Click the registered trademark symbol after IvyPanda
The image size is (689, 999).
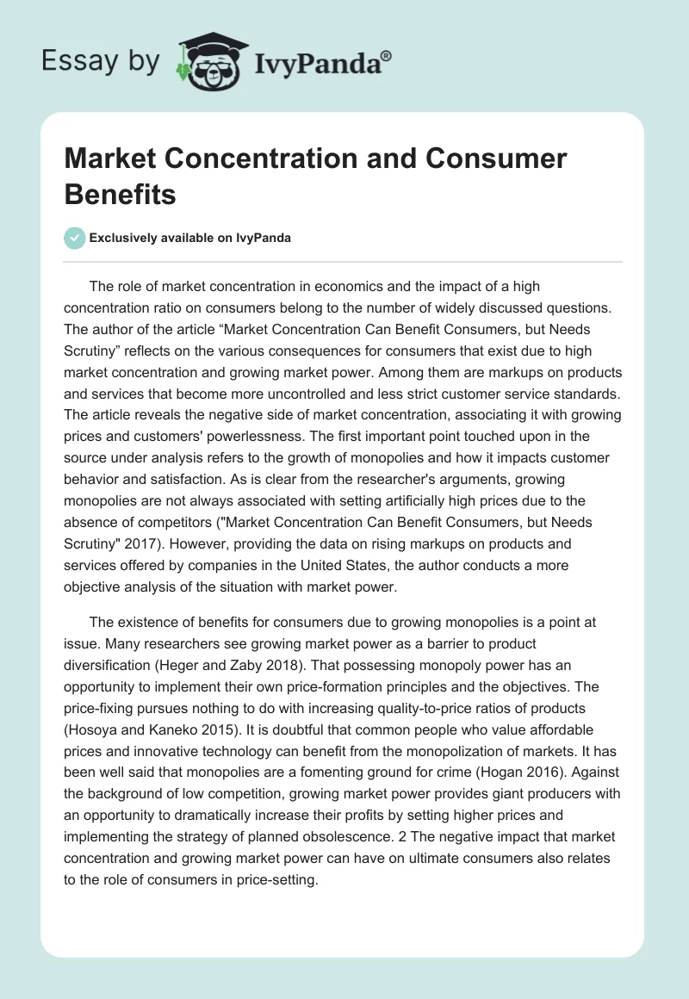click(386, 56)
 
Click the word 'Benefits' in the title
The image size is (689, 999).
click(120, 194)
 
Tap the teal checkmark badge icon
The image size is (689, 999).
click(75, 238)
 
